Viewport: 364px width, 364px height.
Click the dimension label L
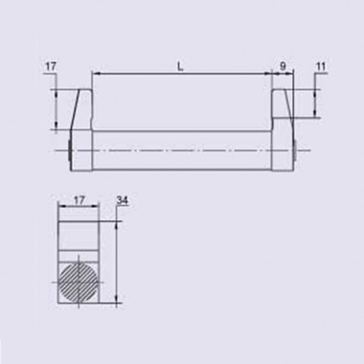pos(181,67)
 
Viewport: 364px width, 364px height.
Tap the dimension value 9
pos(283,66)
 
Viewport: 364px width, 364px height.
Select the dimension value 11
pos(321,66)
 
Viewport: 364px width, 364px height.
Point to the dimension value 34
pos(123,200)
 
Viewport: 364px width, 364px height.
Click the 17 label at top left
pos(51,67)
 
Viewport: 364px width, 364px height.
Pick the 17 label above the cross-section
pos(79,200)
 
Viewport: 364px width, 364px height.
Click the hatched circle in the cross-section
pos(79,283)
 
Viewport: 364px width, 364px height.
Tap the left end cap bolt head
pos(69,150)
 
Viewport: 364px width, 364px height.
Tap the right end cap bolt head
pos(295,150)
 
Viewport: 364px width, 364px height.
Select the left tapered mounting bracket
pos(81,110)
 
